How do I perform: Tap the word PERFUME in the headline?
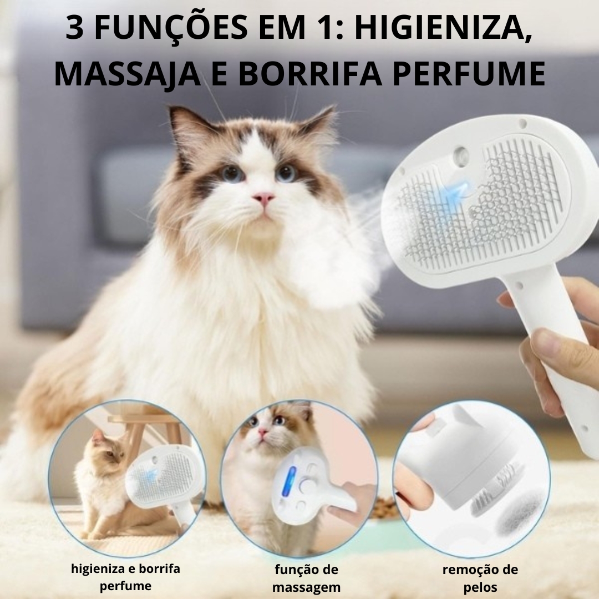[x=469, y=73]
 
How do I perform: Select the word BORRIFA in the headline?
[x=311, y=73]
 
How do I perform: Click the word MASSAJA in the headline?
[x=128, y=74]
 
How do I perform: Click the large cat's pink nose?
[x=263, y=198]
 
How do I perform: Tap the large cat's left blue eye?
[x=232, y=174]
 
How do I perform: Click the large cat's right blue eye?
[x=287, y=172]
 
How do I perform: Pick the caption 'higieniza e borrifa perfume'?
[x=125, y=577]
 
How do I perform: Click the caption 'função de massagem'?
[x=306, y=578]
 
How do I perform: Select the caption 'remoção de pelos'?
[x=480, y=578]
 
